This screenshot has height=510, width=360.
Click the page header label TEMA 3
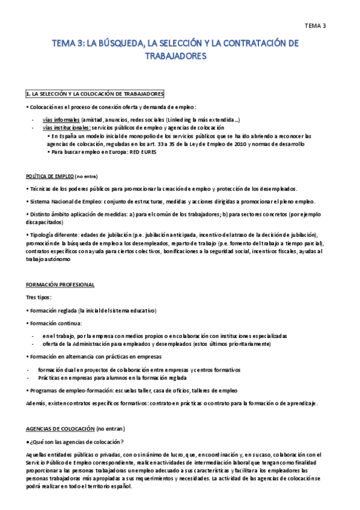click(x=315, y=25)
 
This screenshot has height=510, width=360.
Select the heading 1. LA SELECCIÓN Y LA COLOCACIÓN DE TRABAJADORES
click(x=94, y=94)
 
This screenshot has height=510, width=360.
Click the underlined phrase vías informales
click(x=61, y=120)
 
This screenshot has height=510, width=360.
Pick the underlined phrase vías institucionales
click(x=67, y=127)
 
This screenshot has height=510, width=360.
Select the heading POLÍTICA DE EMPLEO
click(x=50, y=176)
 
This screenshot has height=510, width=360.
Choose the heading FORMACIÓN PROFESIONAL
click(x=60, y=284)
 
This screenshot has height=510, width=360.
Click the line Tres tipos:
click(x=38, y=297)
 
